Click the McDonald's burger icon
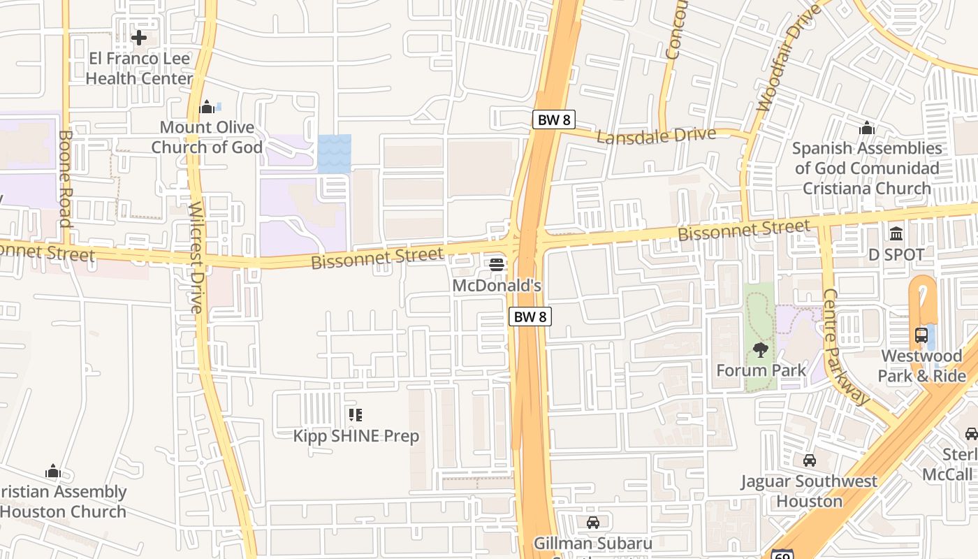tap(497, 264)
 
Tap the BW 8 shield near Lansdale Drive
tap(554, 119)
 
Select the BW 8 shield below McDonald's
tap(530, 317)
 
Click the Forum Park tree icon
tap(761, 349)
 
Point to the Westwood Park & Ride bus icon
tap(921, 335)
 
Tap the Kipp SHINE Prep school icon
tap(356, 416)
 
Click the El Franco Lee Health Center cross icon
tap(139, 37)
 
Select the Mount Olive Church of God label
tap(207, 137)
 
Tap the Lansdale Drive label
tap(657, 136)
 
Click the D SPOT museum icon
tap(896, 233)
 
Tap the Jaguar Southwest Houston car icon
tap(810, 460)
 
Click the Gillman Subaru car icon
tap(593, 523)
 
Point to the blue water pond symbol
tap(335, 154)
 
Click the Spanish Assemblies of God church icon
tap(867, 128)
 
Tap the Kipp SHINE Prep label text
tap(356, 436)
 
